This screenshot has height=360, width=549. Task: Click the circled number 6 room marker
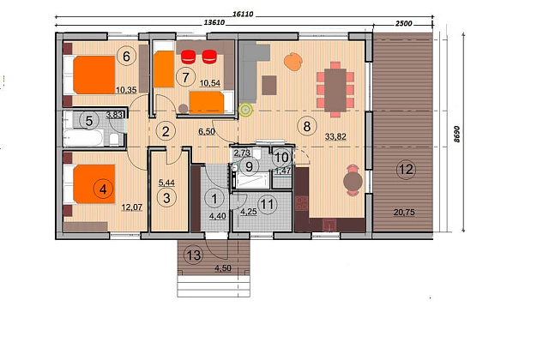tap(126, 56)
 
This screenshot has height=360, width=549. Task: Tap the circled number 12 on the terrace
tap(406, 170)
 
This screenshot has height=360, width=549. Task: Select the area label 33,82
tap(335, 136)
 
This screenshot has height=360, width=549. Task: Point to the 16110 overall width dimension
tap(243, 15)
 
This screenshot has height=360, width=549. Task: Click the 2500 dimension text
tap(404, 23)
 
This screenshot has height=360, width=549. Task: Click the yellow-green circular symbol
tap(245, 110)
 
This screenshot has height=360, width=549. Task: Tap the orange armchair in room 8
tap(293, 62)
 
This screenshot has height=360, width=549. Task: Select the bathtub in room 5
tap(84, 137)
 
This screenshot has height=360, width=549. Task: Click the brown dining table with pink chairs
tap(335, 89)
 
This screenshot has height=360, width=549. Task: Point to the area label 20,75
tap(404, 212)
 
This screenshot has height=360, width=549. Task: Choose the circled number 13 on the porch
tap(194, 255)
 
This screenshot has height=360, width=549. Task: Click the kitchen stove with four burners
tap(301, 203)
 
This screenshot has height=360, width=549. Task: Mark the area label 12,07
tap(131, 207)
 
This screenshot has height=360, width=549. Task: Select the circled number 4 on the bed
tap(103, 189)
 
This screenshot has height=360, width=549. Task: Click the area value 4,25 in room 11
tap(249, 212)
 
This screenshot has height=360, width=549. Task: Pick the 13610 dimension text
tap(214, 23)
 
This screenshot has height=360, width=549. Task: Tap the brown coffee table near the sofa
tap(268, 85)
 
